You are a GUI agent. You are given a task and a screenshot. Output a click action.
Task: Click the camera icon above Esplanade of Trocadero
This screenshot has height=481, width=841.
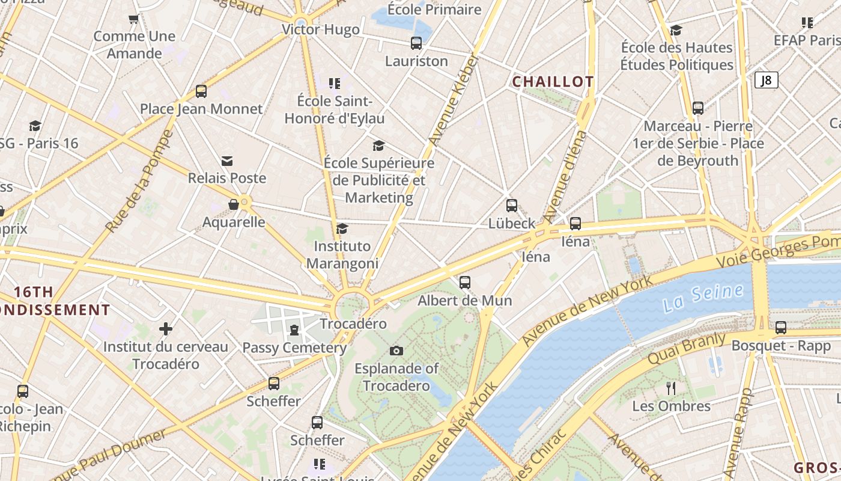pos(396,351)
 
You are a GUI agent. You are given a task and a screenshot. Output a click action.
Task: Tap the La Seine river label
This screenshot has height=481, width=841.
pos(703,298)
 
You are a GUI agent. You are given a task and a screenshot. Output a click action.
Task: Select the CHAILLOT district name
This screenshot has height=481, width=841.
pos(553,82)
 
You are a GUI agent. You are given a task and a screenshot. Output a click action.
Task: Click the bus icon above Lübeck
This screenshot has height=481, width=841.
pos(512,206)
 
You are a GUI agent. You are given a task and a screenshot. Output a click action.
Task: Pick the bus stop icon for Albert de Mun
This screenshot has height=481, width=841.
pos(465,283)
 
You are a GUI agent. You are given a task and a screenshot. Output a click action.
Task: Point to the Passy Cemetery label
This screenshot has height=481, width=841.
pos(294,348)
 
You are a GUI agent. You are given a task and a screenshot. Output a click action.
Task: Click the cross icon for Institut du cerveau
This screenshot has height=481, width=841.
pos(166,329)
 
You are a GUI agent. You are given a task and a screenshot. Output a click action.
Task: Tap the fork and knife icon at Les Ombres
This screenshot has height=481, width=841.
pos(671,388)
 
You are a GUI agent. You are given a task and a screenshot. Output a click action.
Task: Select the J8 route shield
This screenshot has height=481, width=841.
pos(766,80)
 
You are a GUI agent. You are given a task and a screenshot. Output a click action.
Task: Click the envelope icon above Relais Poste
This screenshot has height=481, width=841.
pos(227,161)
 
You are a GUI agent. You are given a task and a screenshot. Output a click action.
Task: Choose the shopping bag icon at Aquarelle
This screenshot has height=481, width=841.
pos(234,205)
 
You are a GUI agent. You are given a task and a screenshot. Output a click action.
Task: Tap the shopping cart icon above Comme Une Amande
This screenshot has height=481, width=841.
pos(134,19)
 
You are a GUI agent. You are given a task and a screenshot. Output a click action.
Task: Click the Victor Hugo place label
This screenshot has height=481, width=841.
pos(321,29)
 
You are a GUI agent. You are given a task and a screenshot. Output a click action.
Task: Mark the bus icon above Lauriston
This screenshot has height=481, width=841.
pos(416,43)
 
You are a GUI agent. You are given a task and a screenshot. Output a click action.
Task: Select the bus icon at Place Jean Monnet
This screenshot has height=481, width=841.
pos(201,91)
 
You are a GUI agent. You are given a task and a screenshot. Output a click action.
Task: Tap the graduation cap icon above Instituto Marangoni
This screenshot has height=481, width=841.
pos(342,228)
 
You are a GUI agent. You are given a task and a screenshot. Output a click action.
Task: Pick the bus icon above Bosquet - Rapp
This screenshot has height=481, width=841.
pos(781,328)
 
